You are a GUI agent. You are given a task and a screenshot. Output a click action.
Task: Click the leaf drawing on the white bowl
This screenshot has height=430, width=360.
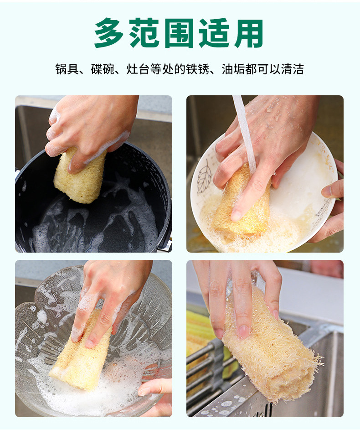coord(204,178)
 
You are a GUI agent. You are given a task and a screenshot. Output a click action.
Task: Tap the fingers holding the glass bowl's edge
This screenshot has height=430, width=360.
coord(155,388)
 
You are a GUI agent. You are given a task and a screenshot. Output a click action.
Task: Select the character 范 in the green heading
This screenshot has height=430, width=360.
coord(144,33)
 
